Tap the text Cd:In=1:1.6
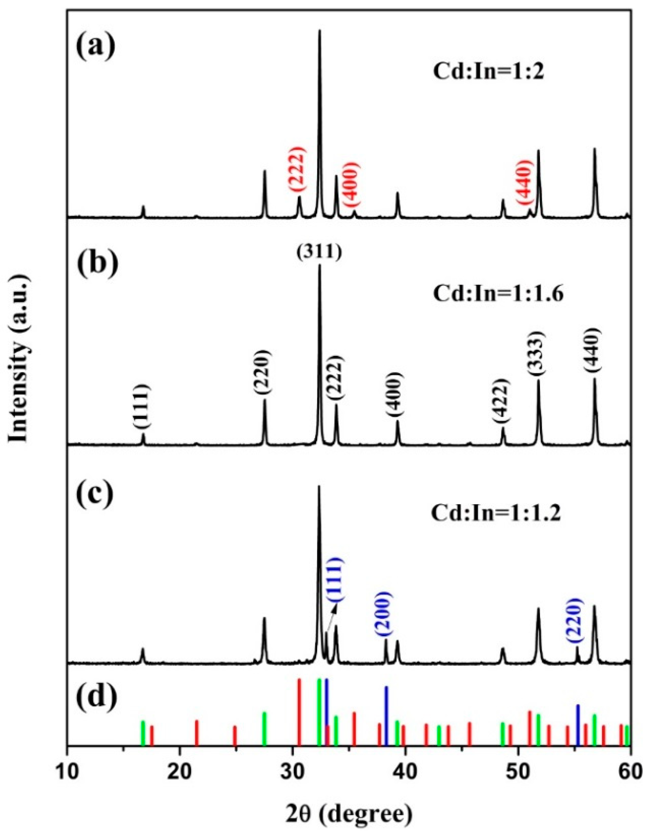(x=498, y=294)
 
